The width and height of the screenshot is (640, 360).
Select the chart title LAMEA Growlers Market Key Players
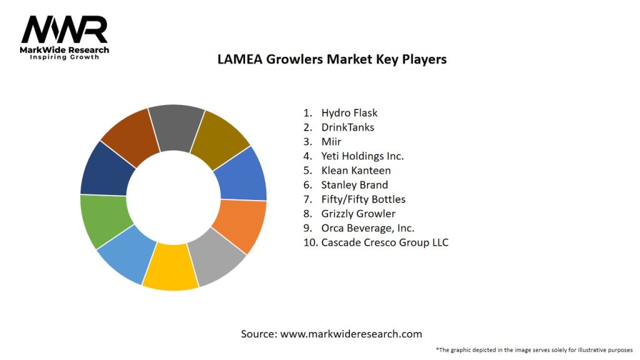coord(331,60)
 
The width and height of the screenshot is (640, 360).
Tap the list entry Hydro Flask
coord(349,113)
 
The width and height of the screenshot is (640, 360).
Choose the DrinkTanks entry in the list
coord(347,127)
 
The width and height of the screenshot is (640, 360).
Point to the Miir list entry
coord(331,142)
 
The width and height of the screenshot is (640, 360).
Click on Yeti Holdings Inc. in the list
coord(362,156)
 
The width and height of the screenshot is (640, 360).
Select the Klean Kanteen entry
coord(356,171)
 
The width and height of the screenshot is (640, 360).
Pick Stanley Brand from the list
coord(354,185)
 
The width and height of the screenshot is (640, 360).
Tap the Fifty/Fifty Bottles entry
coord(363,199)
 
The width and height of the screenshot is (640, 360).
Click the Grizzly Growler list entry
coord(358,214)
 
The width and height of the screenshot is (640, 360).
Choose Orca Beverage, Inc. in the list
coord(367,228)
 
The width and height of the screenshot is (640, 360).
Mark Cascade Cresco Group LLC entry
coord(384,242)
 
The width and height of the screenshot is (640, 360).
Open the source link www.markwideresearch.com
coord(351,334)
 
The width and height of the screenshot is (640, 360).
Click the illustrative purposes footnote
coord(534,349)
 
